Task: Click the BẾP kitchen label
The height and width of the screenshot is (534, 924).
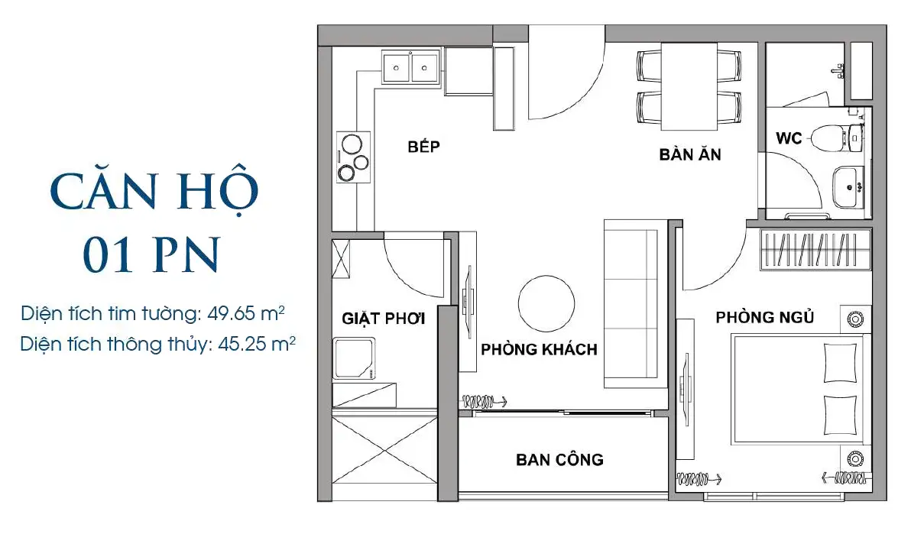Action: pyautogui.click(x=423, y=147)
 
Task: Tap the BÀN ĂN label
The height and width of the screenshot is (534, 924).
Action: pyautogui.click(x=690, y=154)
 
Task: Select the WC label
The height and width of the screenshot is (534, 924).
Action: pyautogui.click(x=789, y=138)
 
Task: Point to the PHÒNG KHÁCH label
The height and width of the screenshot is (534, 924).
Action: pyautogui.click(x=539, y=349)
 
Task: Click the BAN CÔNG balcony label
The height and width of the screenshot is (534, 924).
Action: pyautogui.click(x=559, y=459)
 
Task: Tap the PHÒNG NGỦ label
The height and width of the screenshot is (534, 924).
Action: pyautogui.click(x=765, y=317)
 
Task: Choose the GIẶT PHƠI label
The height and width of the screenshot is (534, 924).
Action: pyautogui.click(x=383, y=319)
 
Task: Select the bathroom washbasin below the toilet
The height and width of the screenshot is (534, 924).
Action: pyautogui.click(x=848, y=188)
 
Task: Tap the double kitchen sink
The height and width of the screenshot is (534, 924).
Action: pyautogui.click(x=411, y=66)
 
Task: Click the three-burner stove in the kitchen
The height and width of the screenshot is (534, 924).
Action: pyautogui.click(x=354, y=157)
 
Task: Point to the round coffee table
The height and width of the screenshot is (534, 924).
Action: pyautogui.click(x=546, y=303)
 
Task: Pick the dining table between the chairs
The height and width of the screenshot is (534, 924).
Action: pyautogui.click(x=689, y=86)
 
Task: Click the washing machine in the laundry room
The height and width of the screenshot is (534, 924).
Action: pyautogui.click(x=354, y=358)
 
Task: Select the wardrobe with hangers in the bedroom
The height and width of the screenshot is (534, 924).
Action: pyautogui.click(x=815, y=250)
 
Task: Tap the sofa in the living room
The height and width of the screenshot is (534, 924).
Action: pyautogui.click(x=635, y=303)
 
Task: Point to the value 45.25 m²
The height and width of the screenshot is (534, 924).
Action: pyautogui.click(x=257, y=344)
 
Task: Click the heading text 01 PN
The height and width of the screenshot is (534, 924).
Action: pyautogui.click(x=151, y=254)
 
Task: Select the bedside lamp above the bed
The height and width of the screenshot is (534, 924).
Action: pyautogui.click(x=855, y=319)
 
